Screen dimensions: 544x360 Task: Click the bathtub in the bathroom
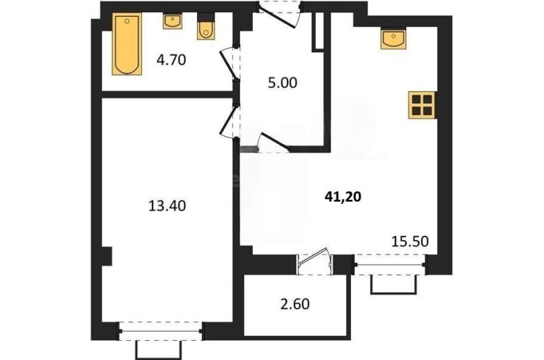coord(127,44)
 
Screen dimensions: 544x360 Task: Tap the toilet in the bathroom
coord(206,27)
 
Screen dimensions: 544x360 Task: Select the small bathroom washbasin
coord(172,21)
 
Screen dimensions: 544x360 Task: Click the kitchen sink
coord(393,38)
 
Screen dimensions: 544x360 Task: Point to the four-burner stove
coord(422,105)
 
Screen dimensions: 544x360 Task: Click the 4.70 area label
coord(172,60)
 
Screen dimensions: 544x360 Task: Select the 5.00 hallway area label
coord(283,83)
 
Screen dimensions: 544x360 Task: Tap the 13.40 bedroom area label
coord(167,206)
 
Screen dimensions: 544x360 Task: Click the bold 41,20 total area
coord(343,197)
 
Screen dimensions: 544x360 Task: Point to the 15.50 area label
coord(410,241)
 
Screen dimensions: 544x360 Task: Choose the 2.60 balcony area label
coord(295,304)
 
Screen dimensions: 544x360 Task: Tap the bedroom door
coord(230,121)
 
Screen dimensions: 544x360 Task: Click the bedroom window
coord(160,332)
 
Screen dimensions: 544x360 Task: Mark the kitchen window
coord(390,265)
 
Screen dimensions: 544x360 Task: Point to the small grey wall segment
coord(249,150)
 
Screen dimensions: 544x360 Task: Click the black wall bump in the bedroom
coord(107,256)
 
